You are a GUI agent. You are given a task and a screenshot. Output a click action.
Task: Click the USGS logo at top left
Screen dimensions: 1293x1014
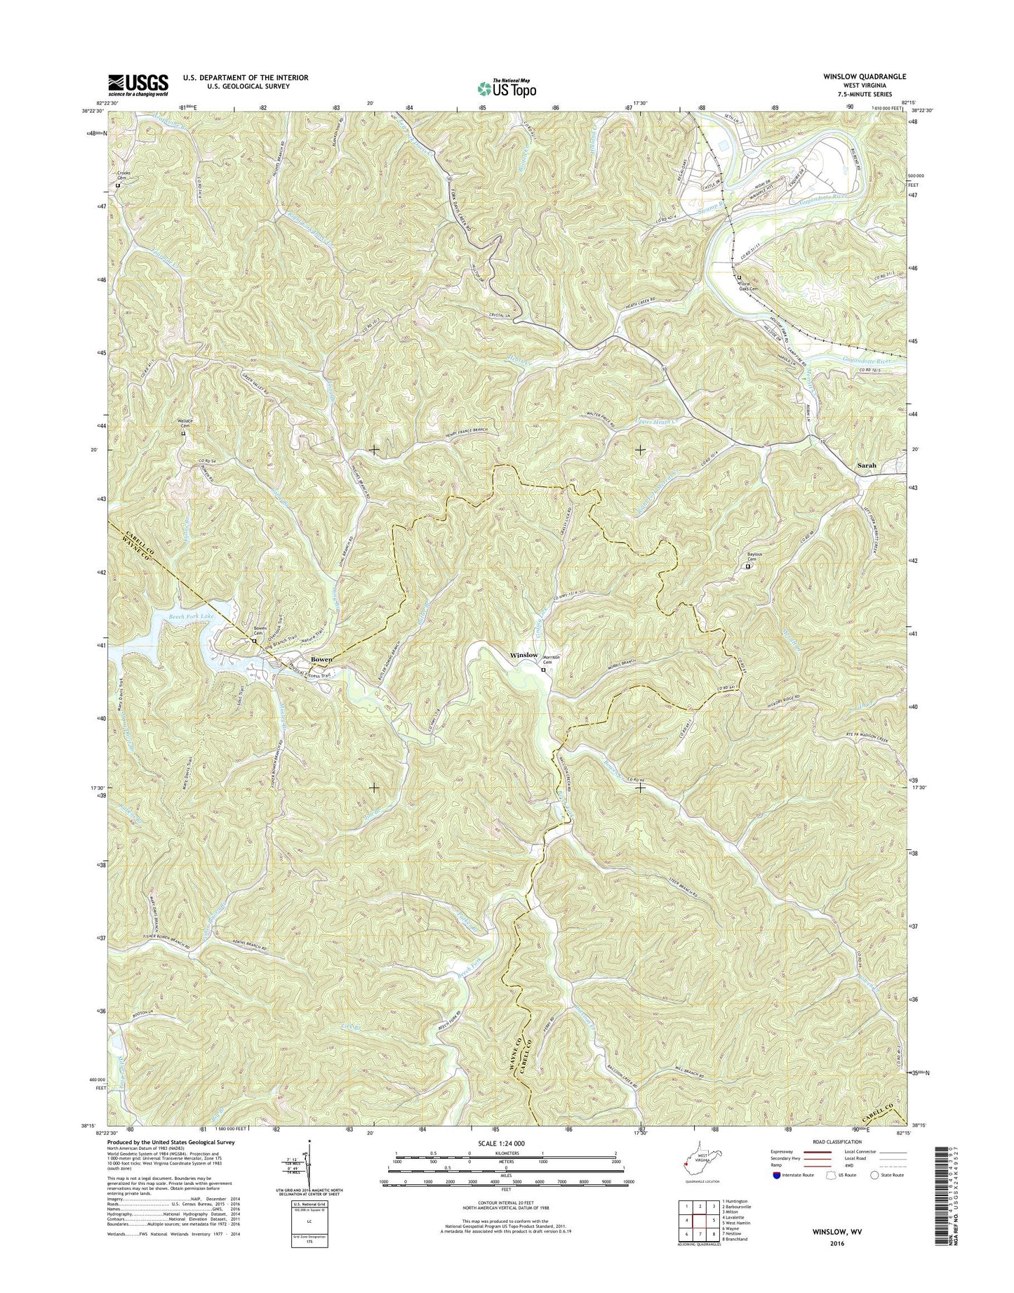[138, 84]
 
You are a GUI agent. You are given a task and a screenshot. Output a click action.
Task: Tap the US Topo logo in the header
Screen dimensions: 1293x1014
[507, 88]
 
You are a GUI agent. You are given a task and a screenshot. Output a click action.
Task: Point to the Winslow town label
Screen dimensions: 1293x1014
[523, 655]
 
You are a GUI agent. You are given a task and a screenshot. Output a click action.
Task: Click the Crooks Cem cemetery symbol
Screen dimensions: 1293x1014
[118, 186]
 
